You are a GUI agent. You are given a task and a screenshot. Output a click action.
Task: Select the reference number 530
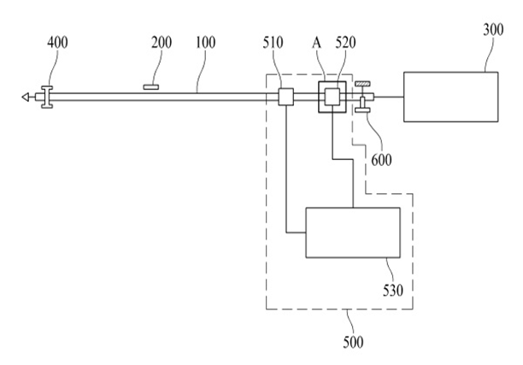point(392,291)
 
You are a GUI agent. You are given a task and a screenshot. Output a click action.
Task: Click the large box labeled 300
point(450,97)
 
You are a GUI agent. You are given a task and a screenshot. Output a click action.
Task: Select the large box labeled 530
point(353,233)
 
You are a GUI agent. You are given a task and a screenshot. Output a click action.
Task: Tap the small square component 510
point(286,97)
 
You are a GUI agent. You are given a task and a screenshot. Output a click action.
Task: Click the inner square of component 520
point(331,97)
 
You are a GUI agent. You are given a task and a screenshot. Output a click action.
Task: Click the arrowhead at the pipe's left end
point(27,97)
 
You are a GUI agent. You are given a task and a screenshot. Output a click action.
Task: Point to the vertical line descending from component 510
point(286,171)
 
